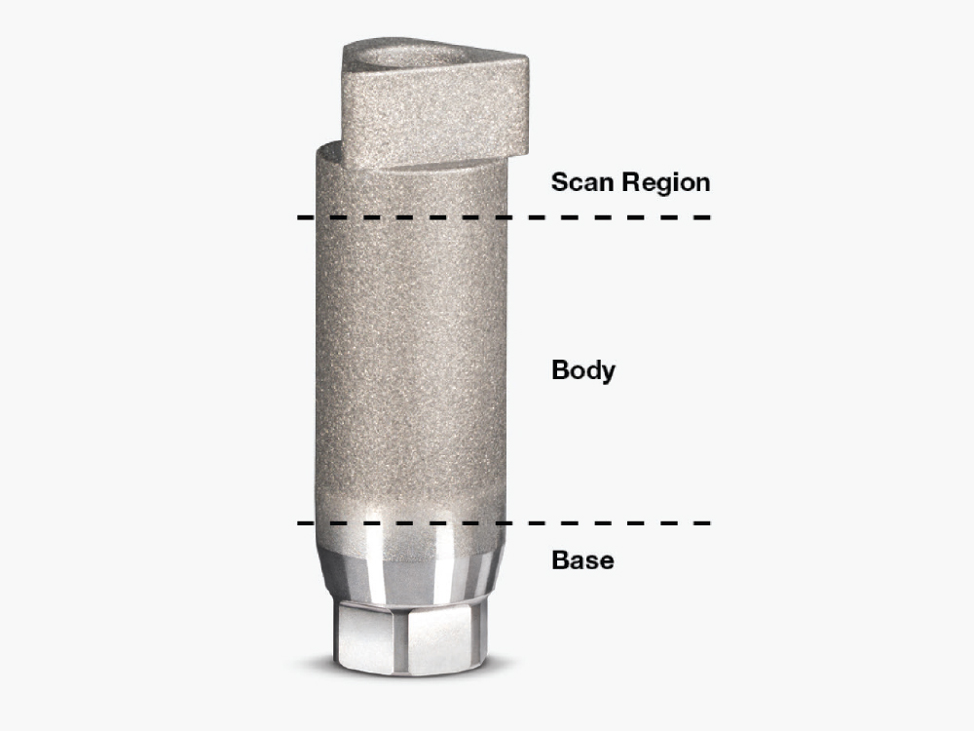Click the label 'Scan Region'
(x=630, y=182)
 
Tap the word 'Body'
(x=582, y=370)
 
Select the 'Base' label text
(x=582, y=560)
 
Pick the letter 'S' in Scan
(x=560, y=182)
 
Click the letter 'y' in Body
(x=608, y=373)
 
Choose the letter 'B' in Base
(x=561, y=560)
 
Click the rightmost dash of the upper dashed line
(x=702, y=216)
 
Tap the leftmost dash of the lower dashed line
(x=304, y=523)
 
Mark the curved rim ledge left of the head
(x=327, y=151)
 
